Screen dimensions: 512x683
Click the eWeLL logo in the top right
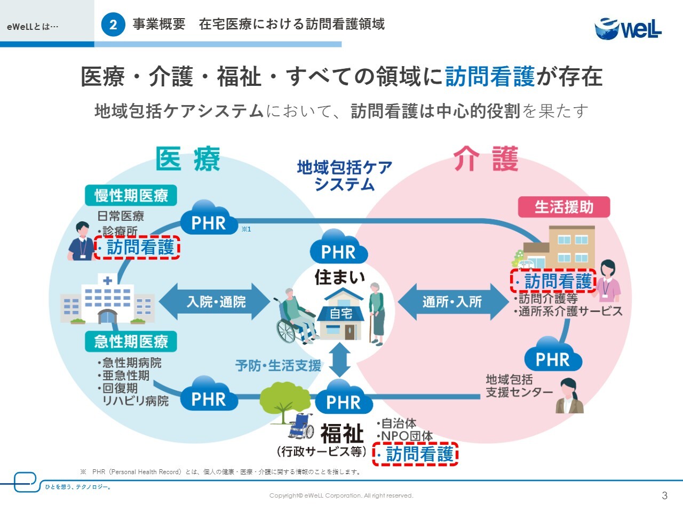(628, 28)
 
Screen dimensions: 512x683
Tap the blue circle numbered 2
(113, 25)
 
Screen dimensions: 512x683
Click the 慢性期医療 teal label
(131, 196)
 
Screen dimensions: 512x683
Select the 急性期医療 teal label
(131, 341)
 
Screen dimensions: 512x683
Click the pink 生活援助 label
(563, 207)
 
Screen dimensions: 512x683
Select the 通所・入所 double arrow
(452, 302)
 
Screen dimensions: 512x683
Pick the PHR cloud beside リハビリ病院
(209, 396)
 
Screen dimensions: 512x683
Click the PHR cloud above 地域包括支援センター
(552, 356)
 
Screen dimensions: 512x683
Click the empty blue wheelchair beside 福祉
(301, 427)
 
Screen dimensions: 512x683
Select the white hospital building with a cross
(107, 299)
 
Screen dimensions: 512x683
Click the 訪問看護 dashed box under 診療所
(138, 247)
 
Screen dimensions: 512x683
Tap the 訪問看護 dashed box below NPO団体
(416, 454)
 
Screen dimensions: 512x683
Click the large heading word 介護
(486, 159)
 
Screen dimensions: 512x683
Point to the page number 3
(664, 495)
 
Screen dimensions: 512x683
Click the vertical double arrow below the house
(340, 360)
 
